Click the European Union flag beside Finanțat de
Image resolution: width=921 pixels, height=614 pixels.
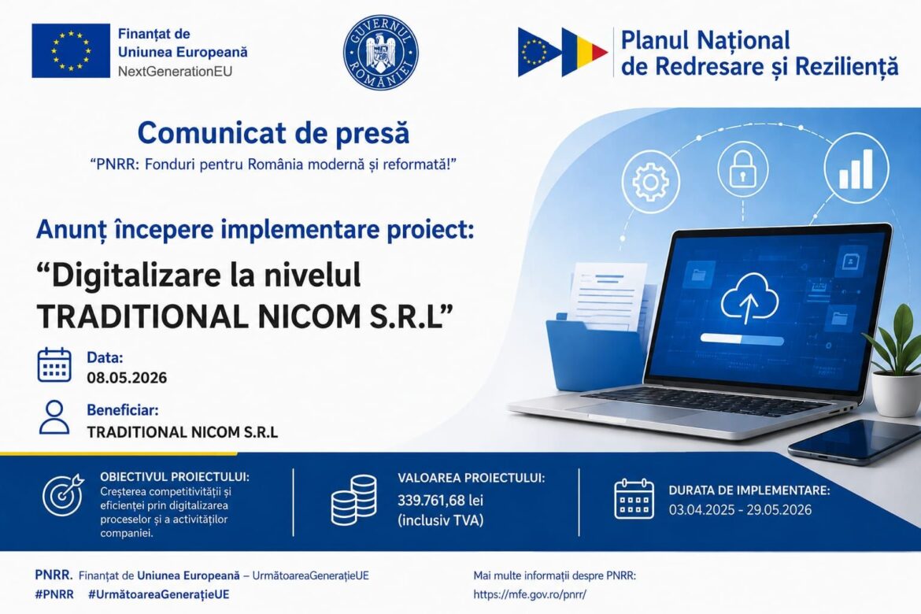(x=71, y=50)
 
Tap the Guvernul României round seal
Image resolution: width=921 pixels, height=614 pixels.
(x=381, y=53)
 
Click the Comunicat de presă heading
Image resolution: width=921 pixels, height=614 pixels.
(x=273, y=133)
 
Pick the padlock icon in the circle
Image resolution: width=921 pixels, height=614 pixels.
(x=742, y=169)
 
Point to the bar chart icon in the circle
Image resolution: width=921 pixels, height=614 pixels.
(x=856, y=169)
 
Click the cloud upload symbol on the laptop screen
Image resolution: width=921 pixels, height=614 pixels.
(x=749, y=298)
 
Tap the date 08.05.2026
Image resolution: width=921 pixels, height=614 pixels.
(x=127, y=377)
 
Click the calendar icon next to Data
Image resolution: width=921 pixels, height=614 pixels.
(x=54, y=365)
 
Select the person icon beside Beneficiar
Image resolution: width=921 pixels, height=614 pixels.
(x=54, y=417)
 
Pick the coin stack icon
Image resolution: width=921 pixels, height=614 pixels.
(x=353, y=500)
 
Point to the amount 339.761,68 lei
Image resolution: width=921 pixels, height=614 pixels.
(x=441, y=501)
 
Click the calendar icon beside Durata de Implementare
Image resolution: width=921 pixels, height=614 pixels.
(x=634, y=499)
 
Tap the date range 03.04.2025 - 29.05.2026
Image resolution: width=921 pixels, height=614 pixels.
(x=740, y=509)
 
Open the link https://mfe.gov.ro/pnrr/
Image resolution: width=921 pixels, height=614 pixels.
(x=530, y=594)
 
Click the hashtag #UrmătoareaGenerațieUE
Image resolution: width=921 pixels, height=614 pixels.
(x=158, y=594)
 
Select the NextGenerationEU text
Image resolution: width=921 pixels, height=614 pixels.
(x=175, y=72)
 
